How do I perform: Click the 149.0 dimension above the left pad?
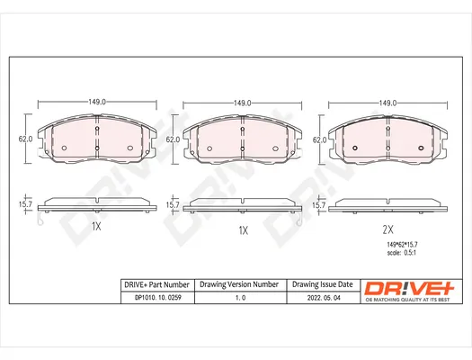tap(97, 102)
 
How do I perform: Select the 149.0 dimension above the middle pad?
tap(243, 103)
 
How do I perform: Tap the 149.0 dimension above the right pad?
tap(387, 103)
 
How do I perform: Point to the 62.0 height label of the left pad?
tap(25, 139)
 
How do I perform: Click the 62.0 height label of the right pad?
tap(320, 140)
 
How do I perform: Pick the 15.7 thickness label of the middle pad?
tap(173, 205)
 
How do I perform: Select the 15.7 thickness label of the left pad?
tap(25, 204)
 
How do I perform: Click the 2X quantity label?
tap(387, 229)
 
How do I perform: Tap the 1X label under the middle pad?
tap(244, 230)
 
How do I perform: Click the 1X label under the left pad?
tap(96, 226)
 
